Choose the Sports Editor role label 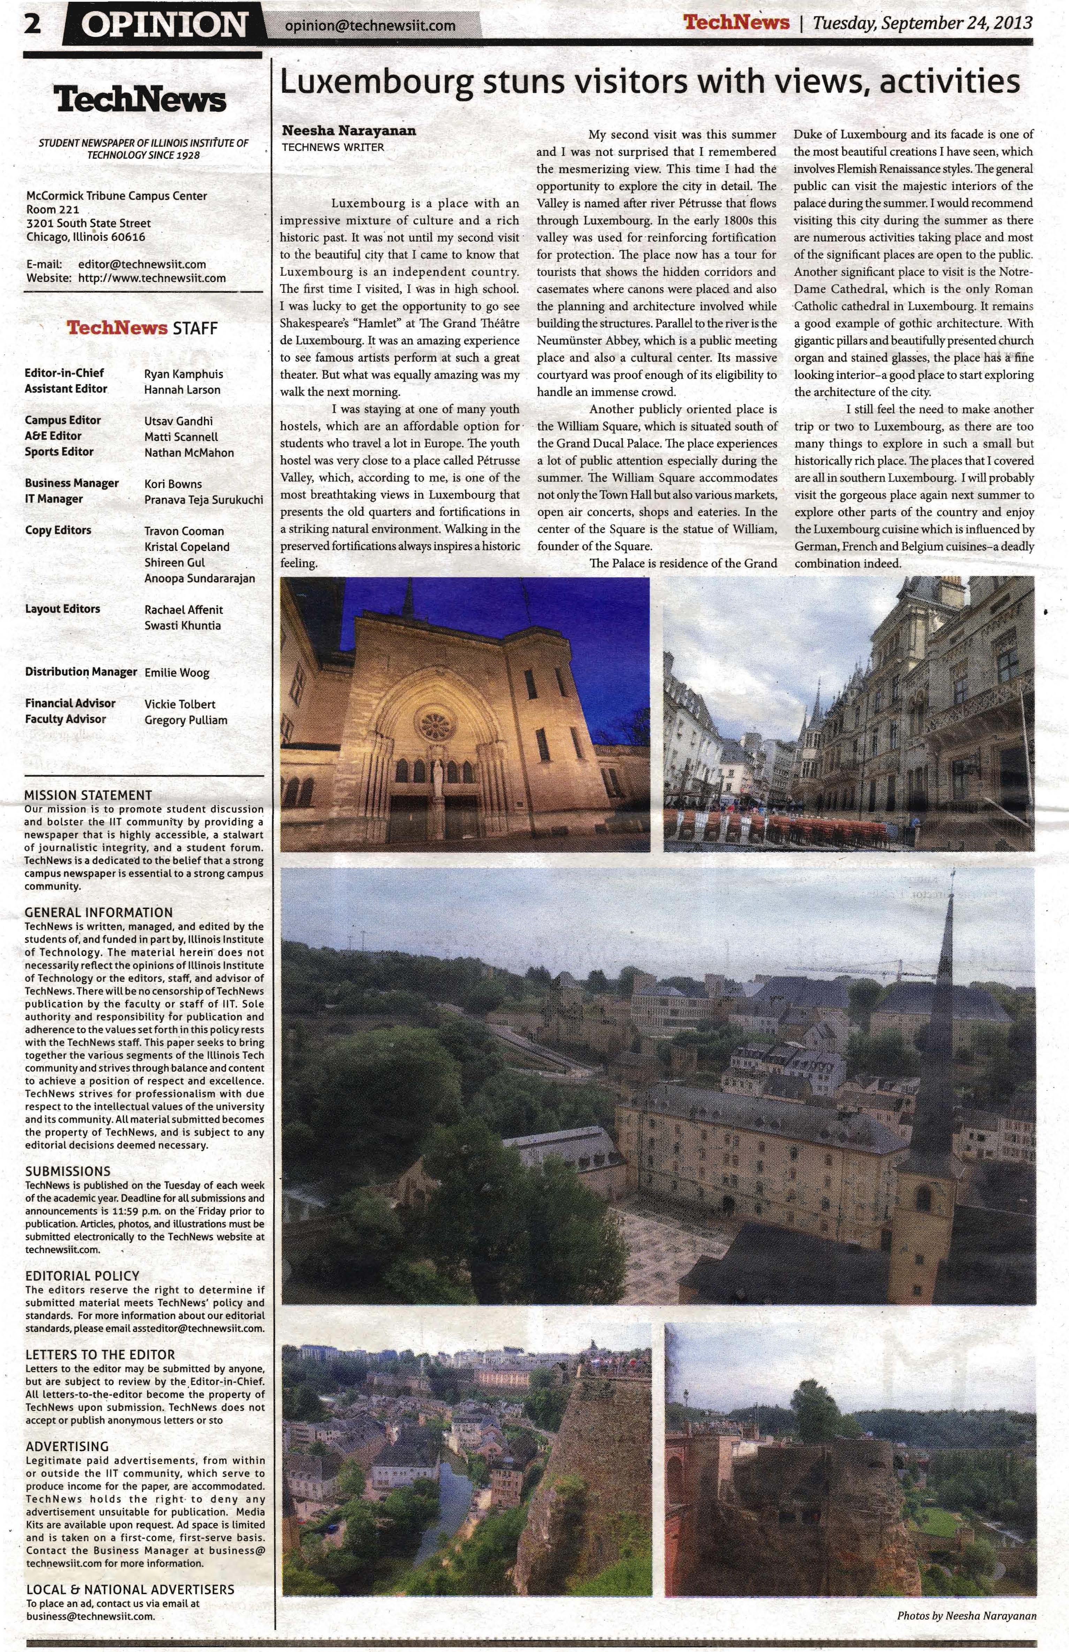pyautogui.click(x=59, y=452)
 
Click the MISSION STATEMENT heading pyautogui.click(x=88, y=795)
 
